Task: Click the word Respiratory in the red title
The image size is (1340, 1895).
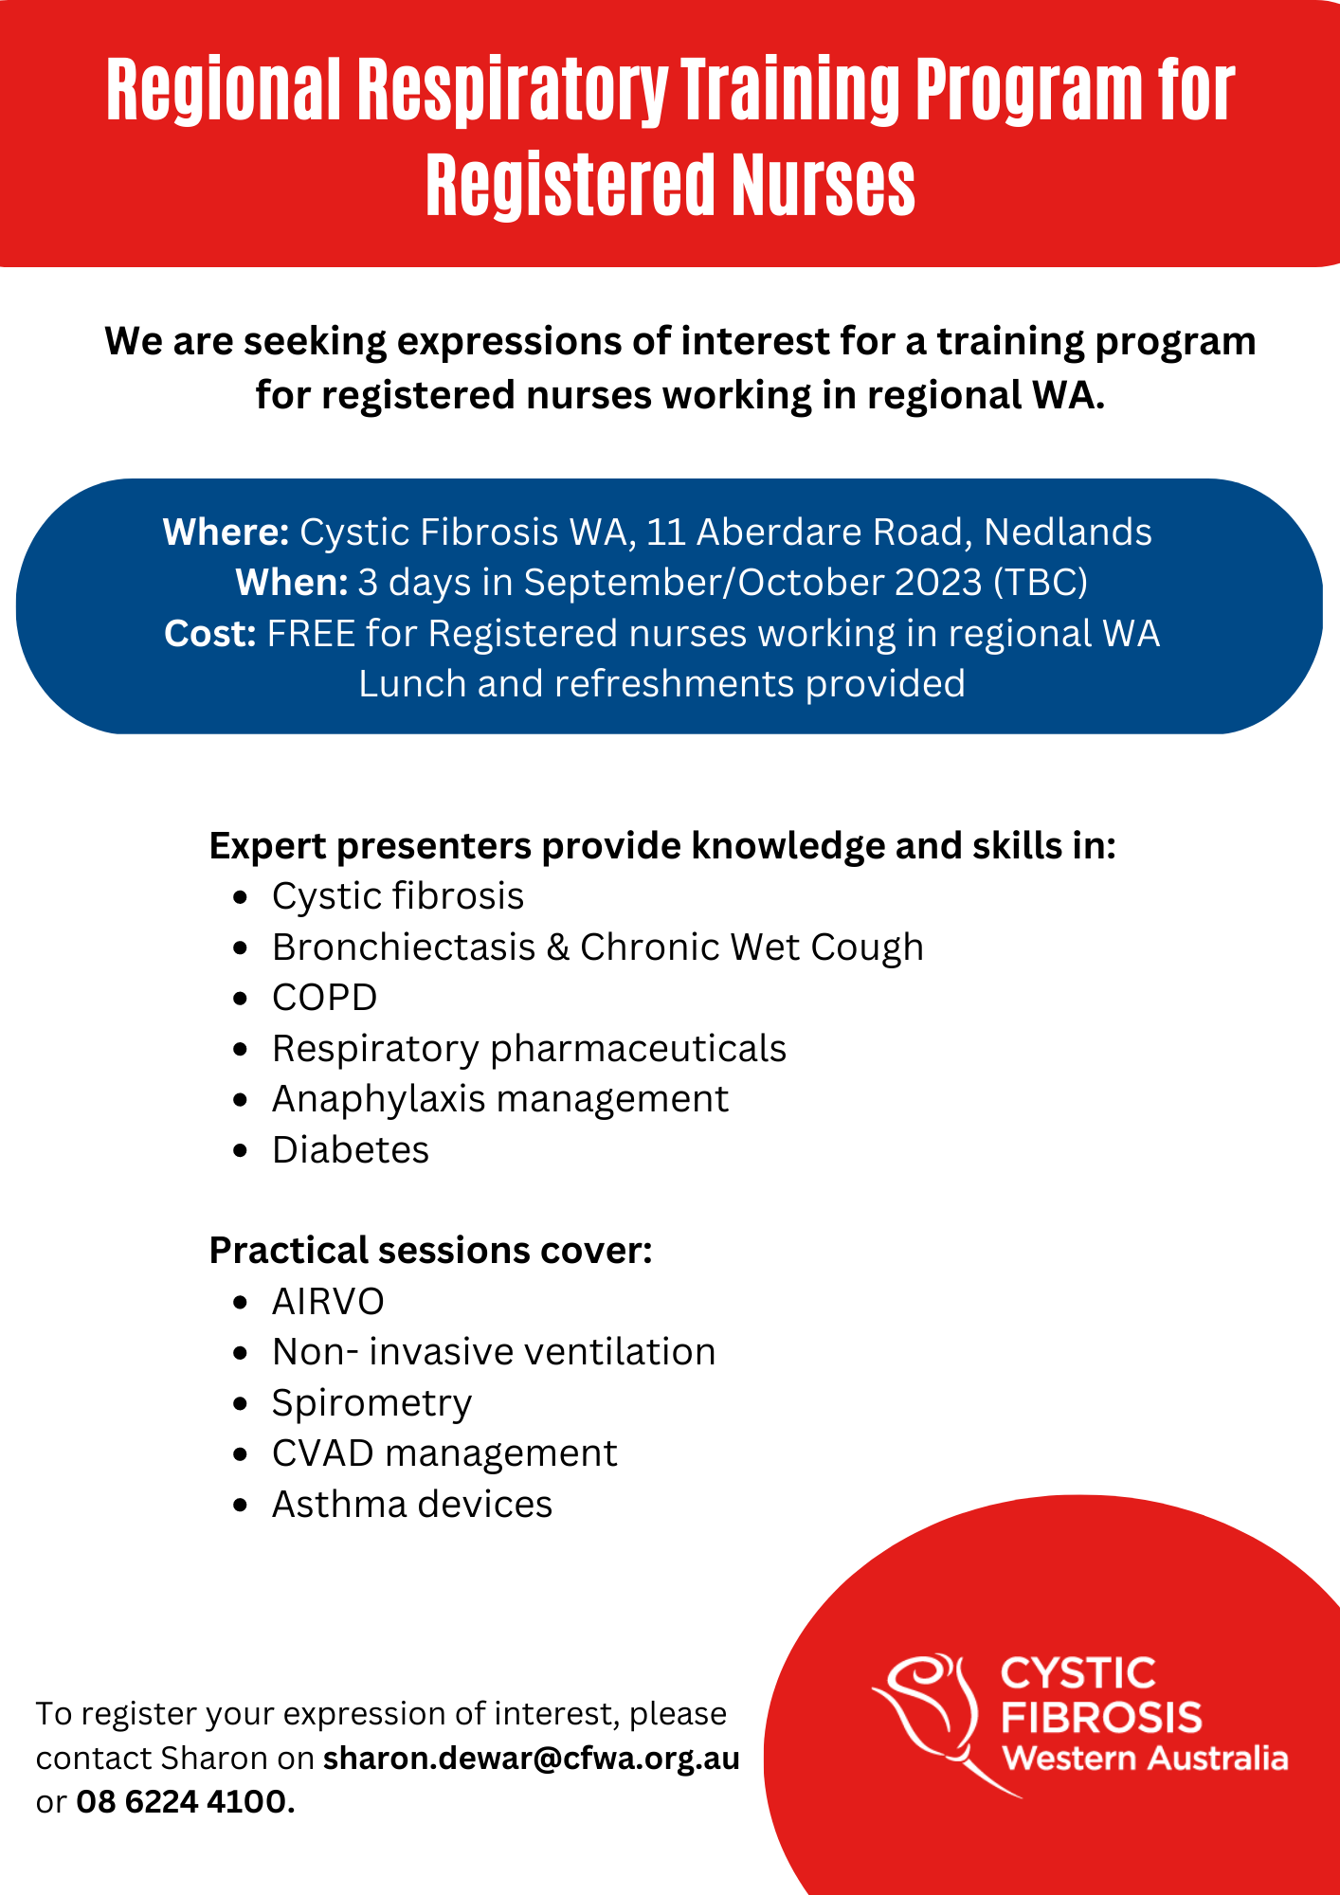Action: coord(513,92)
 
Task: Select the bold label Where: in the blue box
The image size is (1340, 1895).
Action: coord(226,532)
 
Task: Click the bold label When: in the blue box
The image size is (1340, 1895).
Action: coord(292,583)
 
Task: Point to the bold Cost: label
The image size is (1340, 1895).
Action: coord(210,633)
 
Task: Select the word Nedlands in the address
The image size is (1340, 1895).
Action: coord(1068,532)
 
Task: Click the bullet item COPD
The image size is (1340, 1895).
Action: coord(325,998)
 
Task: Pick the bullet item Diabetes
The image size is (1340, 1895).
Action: coord(351,1150)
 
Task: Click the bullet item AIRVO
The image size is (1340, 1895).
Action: coord(328,1302)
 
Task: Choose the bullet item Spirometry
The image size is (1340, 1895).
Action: coord(371,1403)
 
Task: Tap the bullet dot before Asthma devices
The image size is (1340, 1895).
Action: coord(241,1506)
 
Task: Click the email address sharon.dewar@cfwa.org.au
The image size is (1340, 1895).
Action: coord(532,1759)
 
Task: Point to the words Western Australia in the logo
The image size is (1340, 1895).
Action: coord(1145,1759)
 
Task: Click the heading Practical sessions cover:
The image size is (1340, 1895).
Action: coord(431,1251)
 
